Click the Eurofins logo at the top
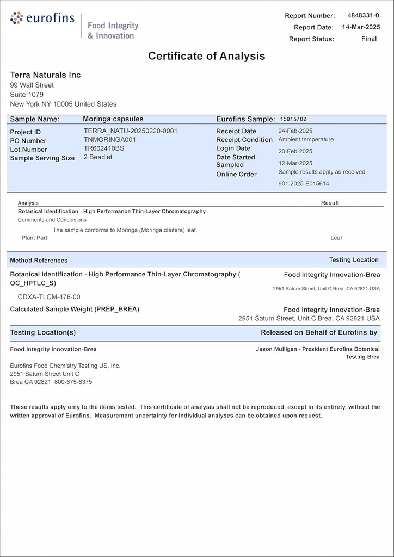tap(42, 18)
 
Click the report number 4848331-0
tap(363, 15)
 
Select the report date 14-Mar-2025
tap(360, 27)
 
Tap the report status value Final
tap(368, 39)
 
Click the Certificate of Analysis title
tap(207, 56)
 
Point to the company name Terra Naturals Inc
tap(45, 75)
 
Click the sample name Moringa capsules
tap(113, 119)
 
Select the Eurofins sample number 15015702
tap(293, 119)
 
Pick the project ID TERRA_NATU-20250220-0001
tap(131, 131)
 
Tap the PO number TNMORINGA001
tap(110, 140)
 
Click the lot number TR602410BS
tap(104, 148)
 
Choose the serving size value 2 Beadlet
tap(98, 157)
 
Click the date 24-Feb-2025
tap(295, 131)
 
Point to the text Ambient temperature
tap(306, 140)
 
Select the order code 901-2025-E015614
tap(304, 184)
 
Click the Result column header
tap(330, 203)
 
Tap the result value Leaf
tap(336, 238)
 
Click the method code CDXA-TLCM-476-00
tap(49, 297)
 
